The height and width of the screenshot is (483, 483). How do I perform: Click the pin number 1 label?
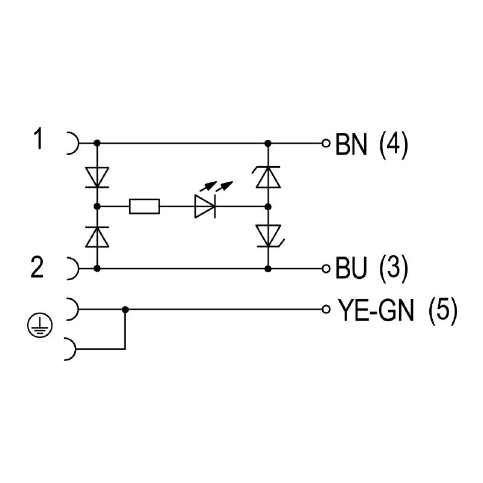pyautogui.click(x=39, y=141)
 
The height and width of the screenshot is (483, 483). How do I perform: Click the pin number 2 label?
pyautogui.click(x=37, y=267)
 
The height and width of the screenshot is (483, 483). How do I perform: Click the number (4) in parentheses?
pyautogui.click(x=394, y=145)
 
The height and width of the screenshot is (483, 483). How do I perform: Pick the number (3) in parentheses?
pyautogui.click(x=393, y=268)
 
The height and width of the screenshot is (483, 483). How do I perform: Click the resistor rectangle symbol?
pyautogui.click(x=145, y=206)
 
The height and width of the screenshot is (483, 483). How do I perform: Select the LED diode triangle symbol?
pyautogui.click(x=205, y=206)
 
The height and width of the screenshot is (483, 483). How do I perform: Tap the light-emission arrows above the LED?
pyautogui.click(x=216, y=185)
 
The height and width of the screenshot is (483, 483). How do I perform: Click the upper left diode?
pyautogui.click(x=97, y=177)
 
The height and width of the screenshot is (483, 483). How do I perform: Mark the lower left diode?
pyautogui.click(x=97, y=237)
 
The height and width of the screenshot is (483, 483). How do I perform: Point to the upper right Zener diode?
pyautogui.click(x=267, y=176)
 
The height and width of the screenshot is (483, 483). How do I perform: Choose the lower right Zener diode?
pyautogui.click(x=267, y=235)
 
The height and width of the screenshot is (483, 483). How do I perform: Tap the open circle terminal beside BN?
pyautogui.click(x=326, y=144)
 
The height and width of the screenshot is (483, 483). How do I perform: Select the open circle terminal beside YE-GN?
pyautogui.click(x=326, y=310)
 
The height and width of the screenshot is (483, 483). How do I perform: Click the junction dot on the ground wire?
pyautogui.click(x=125, y=310)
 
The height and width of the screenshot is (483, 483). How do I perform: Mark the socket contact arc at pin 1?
pyautogui.click(x=72, y=144)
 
